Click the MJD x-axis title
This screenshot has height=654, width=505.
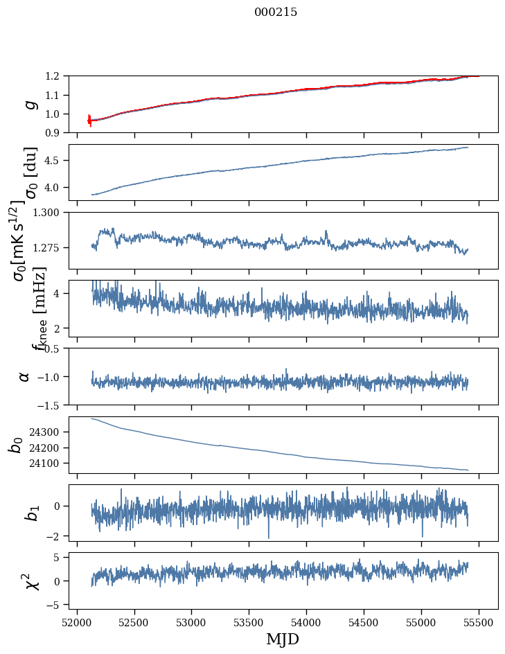coord(282,639)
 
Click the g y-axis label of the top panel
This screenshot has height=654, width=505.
coord(29,104)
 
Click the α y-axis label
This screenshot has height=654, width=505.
coord(25,376)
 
